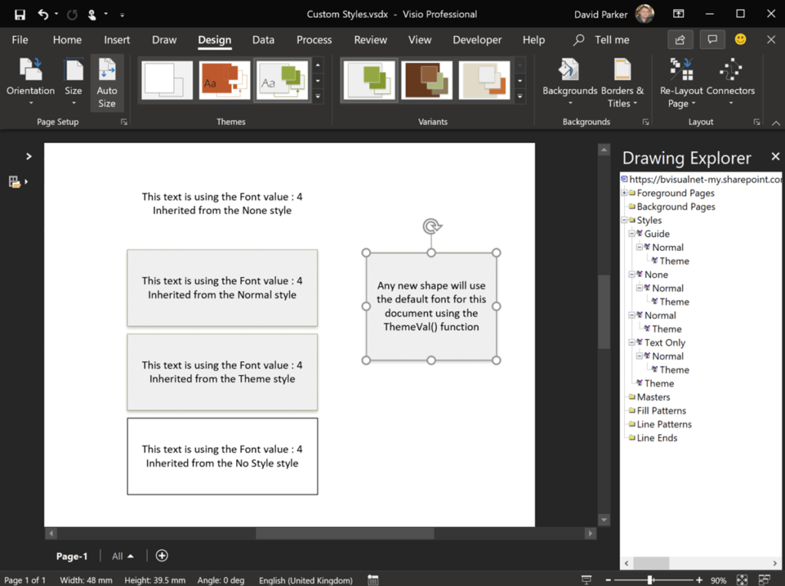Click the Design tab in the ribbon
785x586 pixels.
click(x=214, y=40)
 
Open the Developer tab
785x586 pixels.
click(x=477, y=40)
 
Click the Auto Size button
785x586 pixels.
click(x=107, y=83)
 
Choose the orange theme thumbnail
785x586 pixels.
click(x=225, y=81)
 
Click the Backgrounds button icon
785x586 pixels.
click(x=570, y=71)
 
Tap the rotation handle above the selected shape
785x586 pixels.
click(x=432, y=226)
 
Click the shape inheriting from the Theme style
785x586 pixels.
click(x=222, y=372)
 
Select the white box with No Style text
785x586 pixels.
click(x=222, y=456)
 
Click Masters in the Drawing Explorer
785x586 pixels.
click(x=653, y=397)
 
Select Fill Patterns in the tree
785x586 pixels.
click(x=661, y=411)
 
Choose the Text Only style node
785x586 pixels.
click(x=665, y=343)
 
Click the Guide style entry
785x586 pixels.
click(x=657, y=234)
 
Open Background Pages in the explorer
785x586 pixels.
click(x=675, y=207)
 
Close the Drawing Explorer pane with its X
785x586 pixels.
click(x=775, y=156)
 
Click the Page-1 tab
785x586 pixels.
click(x=72, y=556)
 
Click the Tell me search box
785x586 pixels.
click(x=611, y=40)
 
